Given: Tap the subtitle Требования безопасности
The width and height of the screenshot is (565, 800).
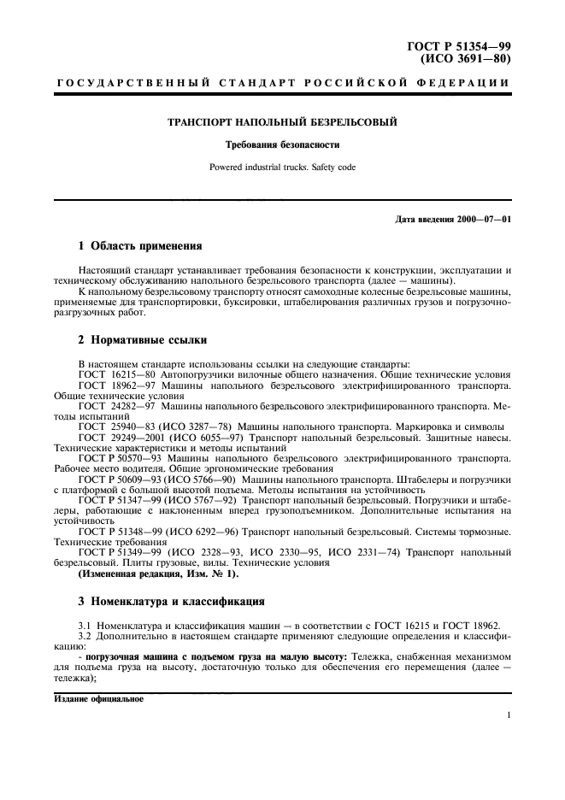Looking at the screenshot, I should point(282,145).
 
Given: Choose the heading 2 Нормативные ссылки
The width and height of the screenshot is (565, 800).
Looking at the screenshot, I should point(143,339).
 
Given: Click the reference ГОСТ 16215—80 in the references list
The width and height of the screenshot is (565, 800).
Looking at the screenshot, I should point(116,375).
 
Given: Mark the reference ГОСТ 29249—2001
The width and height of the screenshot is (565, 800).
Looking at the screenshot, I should point(121,437).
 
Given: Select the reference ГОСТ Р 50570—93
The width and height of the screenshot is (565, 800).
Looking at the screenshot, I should point(120,457).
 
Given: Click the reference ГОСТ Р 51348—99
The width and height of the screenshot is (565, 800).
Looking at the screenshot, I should point(120,531).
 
